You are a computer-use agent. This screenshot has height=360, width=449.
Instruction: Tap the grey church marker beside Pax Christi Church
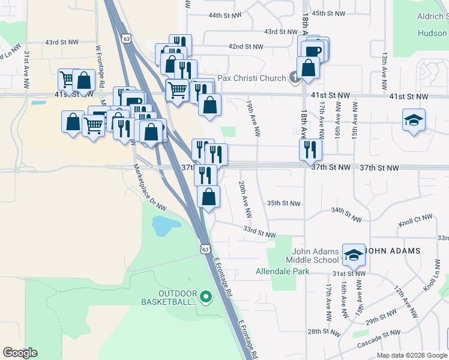tap(294, 77)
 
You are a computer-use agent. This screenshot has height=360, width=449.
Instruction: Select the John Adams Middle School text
tap(316, 256)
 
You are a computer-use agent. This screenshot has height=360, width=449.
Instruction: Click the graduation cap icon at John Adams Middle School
tap(354, 254)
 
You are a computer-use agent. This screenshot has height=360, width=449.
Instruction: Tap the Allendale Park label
tap(282, 272)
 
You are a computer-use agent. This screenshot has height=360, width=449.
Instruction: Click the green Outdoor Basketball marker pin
tap(206, 296)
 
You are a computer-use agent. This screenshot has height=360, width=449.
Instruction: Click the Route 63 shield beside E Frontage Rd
tap(206, 248)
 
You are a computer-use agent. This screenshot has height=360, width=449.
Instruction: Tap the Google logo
tap(20, 353)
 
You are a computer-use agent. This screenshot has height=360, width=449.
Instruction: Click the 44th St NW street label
tap(223, 15)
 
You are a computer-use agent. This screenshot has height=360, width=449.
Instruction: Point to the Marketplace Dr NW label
tap(149, 188)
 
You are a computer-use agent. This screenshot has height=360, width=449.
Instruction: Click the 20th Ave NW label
tap(244, 199)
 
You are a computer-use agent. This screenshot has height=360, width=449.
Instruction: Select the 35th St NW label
tap(283, 203)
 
